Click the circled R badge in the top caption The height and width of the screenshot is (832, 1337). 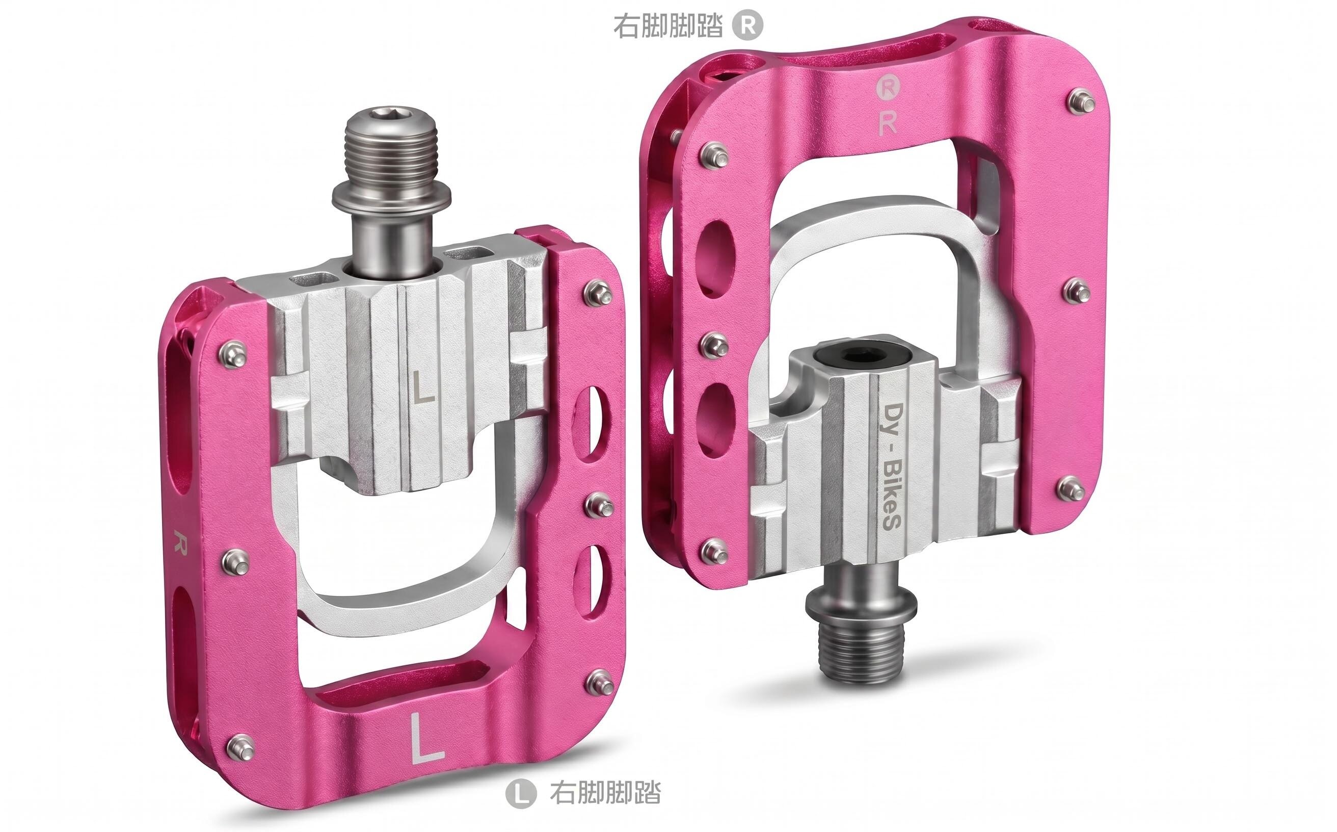[x=747, y=26]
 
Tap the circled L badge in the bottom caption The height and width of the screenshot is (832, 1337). [x=520, y=793]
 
